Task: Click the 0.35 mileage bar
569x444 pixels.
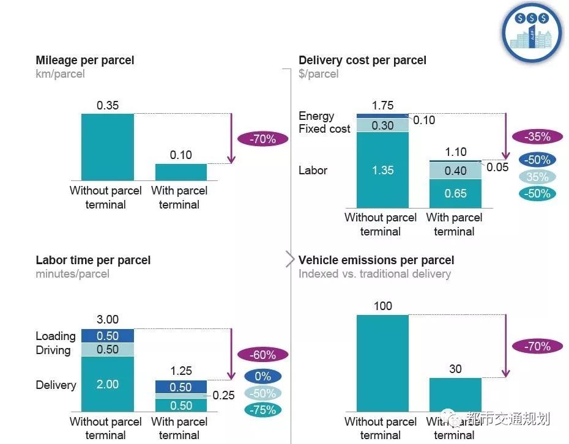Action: [x=107, y=147]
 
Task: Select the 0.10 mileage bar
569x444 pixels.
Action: [x=181, y=172]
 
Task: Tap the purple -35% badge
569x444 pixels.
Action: [x=537, y=137]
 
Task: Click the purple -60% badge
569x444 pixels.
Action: [x=262, y=355]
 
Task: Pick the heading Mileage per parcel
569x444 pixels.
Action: [x=85, y=60]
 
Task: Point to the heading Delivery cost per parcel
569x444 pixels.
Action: [x=362, y=60]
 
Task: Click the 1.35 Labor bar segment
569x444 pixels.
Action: [x=382, y=170]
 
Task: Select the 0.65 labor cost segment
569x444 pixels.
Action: [x=455, y=194]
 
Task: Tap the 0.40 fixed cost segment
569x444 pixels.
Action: [x=455, y=171]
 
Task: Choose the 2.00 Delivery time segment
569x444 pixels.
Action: [x=107, y=384]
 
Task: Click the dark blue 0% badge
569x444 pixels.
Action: [x=262, y=377]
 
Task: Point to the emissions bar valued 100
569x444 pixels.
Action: [x=382, y=363]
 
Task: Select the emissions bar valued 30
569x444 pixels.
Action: [x=455, y=394]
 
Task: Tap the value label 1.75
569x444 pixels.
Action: [x=382, y=105]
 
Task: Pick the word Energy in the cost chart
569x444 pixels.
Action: [x=316, y=116]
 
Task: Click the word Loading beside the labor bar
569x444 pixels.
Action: [x=56, y=336]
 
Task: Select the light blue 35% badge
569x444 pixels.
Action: [x=537, y=177]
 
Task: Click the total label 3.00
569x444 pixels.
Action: [x=108, y=319]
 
